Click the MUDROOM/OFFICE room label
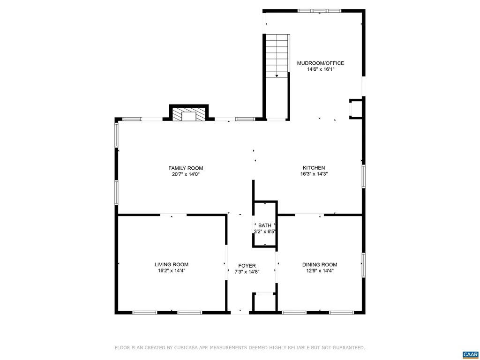pos(320,63)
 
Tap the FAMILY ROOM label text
pos(186,168)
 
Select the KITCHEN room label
pos(314,168)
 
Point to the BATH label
pos(264,225)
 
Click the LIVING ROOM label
pos(172,264)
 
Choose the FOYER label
pos(247,266)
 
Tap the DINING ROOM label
pos(320,264)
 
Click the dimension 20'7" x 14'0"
pos(186,174)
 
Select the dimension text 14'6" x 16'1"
pos(320,69)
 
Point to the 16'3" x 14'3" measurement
pos(314,174)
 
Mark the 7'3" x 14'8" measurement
pos(247,272)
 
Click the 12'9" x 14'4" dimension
pos(320,270)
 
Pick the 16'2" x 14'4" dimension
pos(172,270)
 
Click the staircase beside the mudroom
pos(277,56)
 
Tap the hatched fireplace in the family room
pos(188,114)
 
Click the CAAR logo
pos(470,354)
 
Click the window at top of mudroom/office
pos(320,11)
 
